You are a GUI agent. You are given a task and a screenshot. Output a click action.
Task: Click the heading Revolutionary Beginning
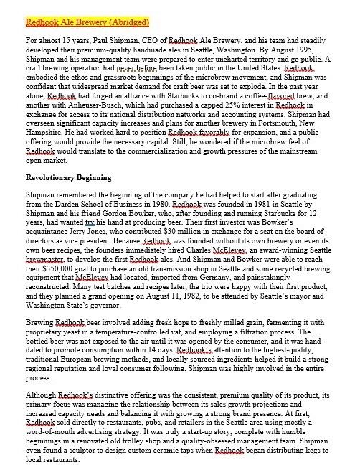(x=69, y=177)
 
